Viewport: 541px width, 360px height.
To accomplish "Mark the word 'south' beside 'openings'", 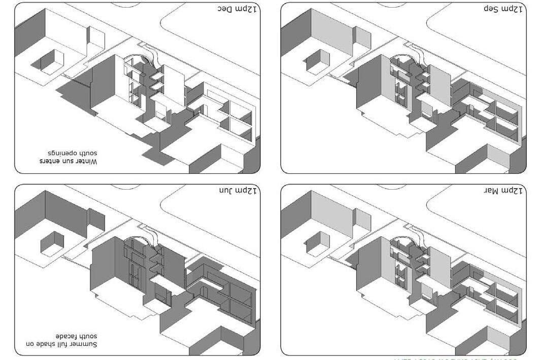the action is tap(87, 153).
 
